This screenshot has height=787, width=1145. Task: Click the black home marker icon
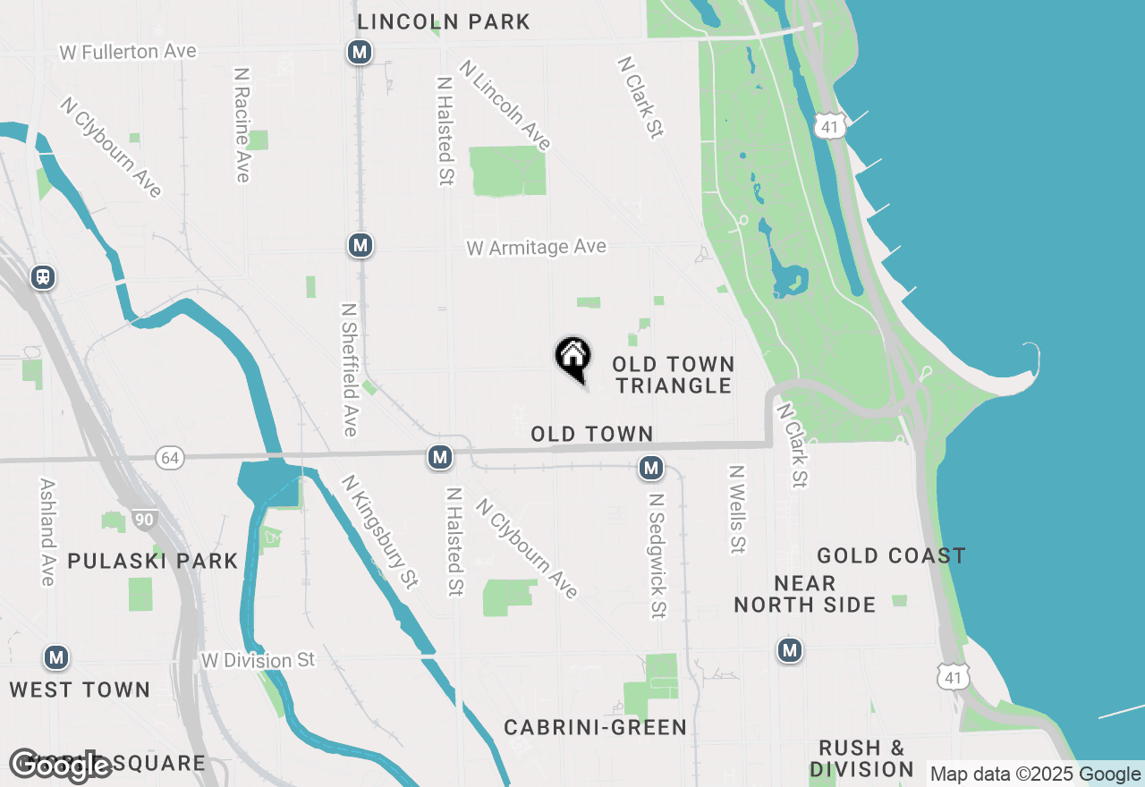pyautogui.click(x=573, y=358)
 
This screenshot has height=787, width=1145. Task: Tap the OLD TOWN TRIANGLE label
pyautogui.click(x=673, y=376)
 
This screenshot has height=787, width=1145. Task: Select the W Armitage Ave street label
pyautogui.click(x=536, y=248)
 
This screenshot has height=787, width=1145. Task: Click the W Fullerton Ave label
pyautogui.click(x=128, y=52)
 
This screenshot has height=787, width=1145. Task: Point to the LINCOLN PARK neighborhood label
pyautogui.click(x=444, y=21)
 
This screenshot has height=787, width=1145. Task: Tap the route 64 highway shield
pyautogui.click(x=169, y=459)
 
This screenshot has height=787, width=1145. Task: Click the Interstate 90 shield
pyautogui.click(x=144, y=519)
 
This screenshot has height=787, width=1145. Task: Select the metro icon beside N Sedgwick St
pyautogui.click(x=651, y=467)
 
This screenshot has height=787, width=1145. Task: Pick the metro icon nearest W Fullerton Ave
pyautogui.click(x=360, y=53)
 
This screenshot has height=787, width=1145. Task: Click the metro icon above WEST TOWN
pyautogui.click(x=56, y=658)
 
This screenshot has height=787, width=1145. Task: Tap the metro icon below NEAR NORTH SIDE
pyautogui.click(x=789, y=650)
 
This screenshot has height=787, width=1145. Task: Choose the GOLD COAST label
pyautogui.click(x=891, y=556)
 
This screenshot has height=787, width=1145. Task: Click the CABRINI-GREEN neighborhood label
pyautogui.click(x=595, y=728)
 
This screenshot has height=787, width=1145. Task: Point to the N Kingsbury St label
pyautogui.click(x=379, y=531)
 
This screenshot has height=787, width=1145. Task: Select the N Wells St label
pyautogui.click(x=736, y=508)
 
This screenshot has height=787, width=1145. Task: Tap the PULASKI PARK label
pyautogui.click(x=153, y=562)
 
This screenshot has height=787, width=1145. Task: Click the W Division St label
pyautogui.click(x=259, y=661)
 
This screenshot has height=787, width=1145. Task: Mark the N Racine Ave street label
pyautogui.click(x=241, y=124)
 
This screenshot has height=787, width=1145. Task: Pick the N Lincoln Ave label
pyautogui.click(x=505, y=105)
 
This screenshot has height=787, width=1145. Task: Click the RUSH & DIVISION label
pyautogui.click(x=861, y=758)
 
